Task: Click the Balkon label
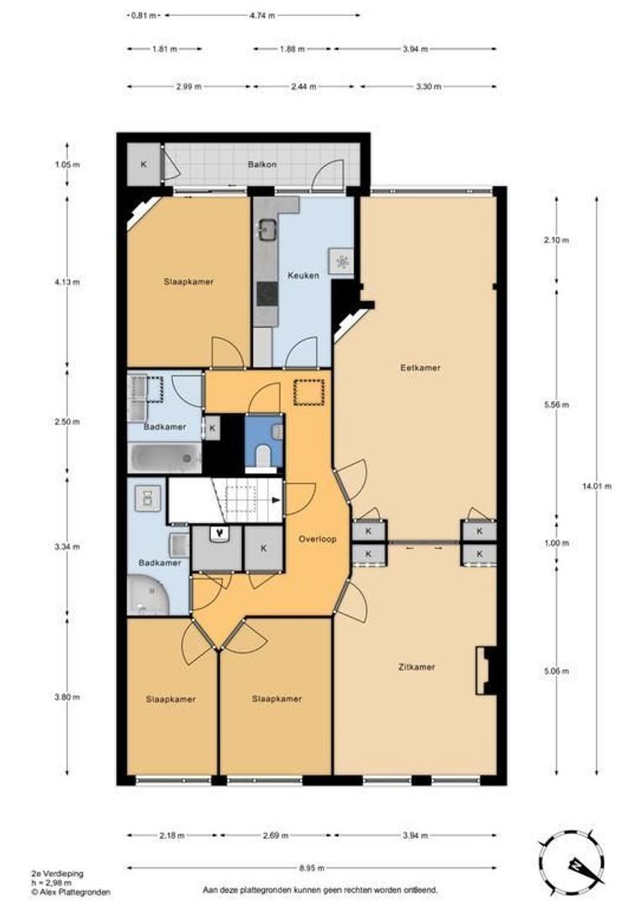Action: coord(261,165)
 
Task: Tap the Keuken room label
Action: coord(303,276)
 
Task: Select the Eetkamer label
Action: coord(420,367)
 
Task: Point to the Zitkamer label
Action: coord(417,667)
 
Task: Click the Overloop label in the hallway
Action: coord(318,539)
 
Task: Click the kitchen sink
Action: coord(267,230)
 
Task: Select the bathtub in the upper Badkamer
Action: coord(165,458)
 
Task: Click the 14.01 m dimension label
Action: coord(597,487)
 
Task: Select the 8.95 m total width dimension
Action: coord(312,868)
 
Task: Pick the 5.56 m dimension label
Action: coord(557,404)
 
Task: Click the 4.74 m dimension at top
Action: coord(262,16)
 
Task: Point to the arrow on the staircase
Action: coord(276,499)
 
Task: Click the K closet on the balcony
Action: coord(143,165)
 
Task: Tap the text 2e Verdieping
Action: coord(57,874)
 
